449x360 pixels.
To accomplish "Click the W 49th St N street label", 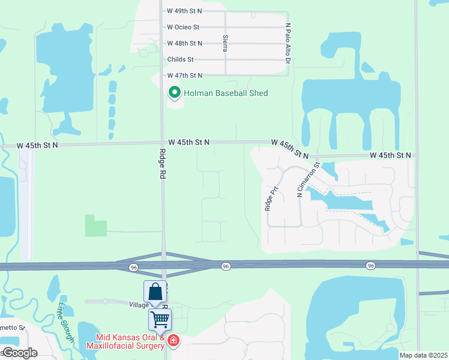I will [184, 11].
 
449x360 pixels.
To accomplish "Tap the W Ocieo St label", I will [183, 27].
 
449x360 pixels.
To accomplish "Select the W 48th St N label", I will [184, 43].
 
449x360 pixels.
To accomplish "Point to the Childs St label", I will [181, 59].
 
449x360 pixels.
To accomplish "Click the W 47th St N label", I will [184, 75].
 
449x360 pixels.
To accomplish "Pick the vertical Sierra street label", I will [225, 43].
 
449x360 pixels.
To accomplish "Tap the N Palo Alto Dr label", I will [288, 44].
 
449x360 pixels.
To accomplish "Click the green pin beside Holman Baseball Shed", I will [174, 92].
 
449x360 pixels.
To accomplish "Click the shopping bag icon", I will [155, 292].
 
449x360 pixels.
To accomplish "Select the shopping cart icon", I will [160, 319].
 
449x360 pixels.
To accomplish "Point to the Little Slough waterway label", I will [65, 323].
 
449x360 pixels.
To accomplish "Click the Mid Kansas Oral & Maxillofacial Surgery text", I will [125, 341].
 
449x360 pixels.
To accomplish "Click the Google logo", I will [20, 353].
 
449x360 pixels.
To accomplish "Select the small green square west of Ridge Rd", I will [95, 226].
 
